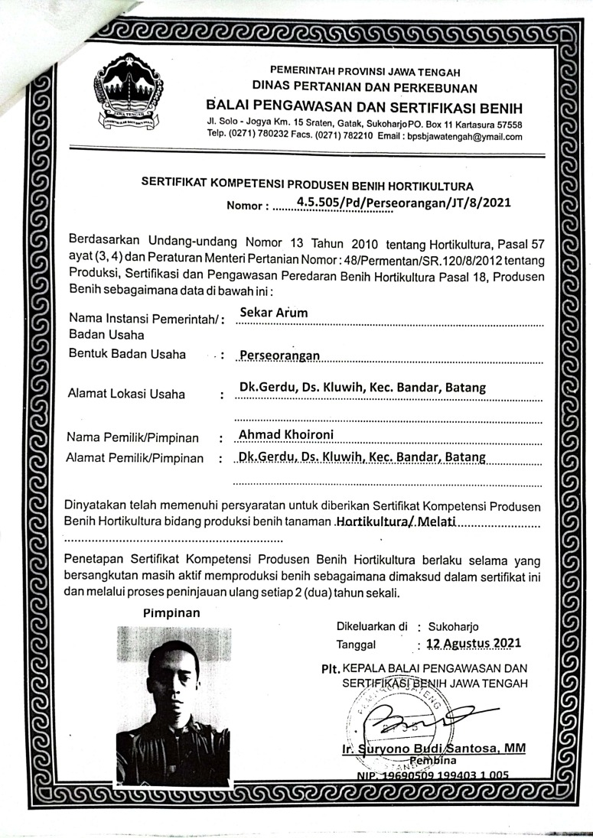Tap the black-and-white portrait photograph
click(x=173, y=706)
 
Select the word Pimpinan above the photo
click(x=171, y=612)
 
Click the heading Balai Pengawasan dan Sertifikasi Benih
click(x=363, y=104)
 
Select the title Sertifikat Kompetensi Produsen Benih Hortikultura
click(x=308, y=185)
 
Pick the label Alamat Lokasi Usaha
click(x=126, y=395)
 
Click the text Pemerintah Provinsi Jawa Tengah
click(x=363, y=72)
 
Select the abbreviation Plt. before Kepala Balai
click(x=331, y=666)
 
